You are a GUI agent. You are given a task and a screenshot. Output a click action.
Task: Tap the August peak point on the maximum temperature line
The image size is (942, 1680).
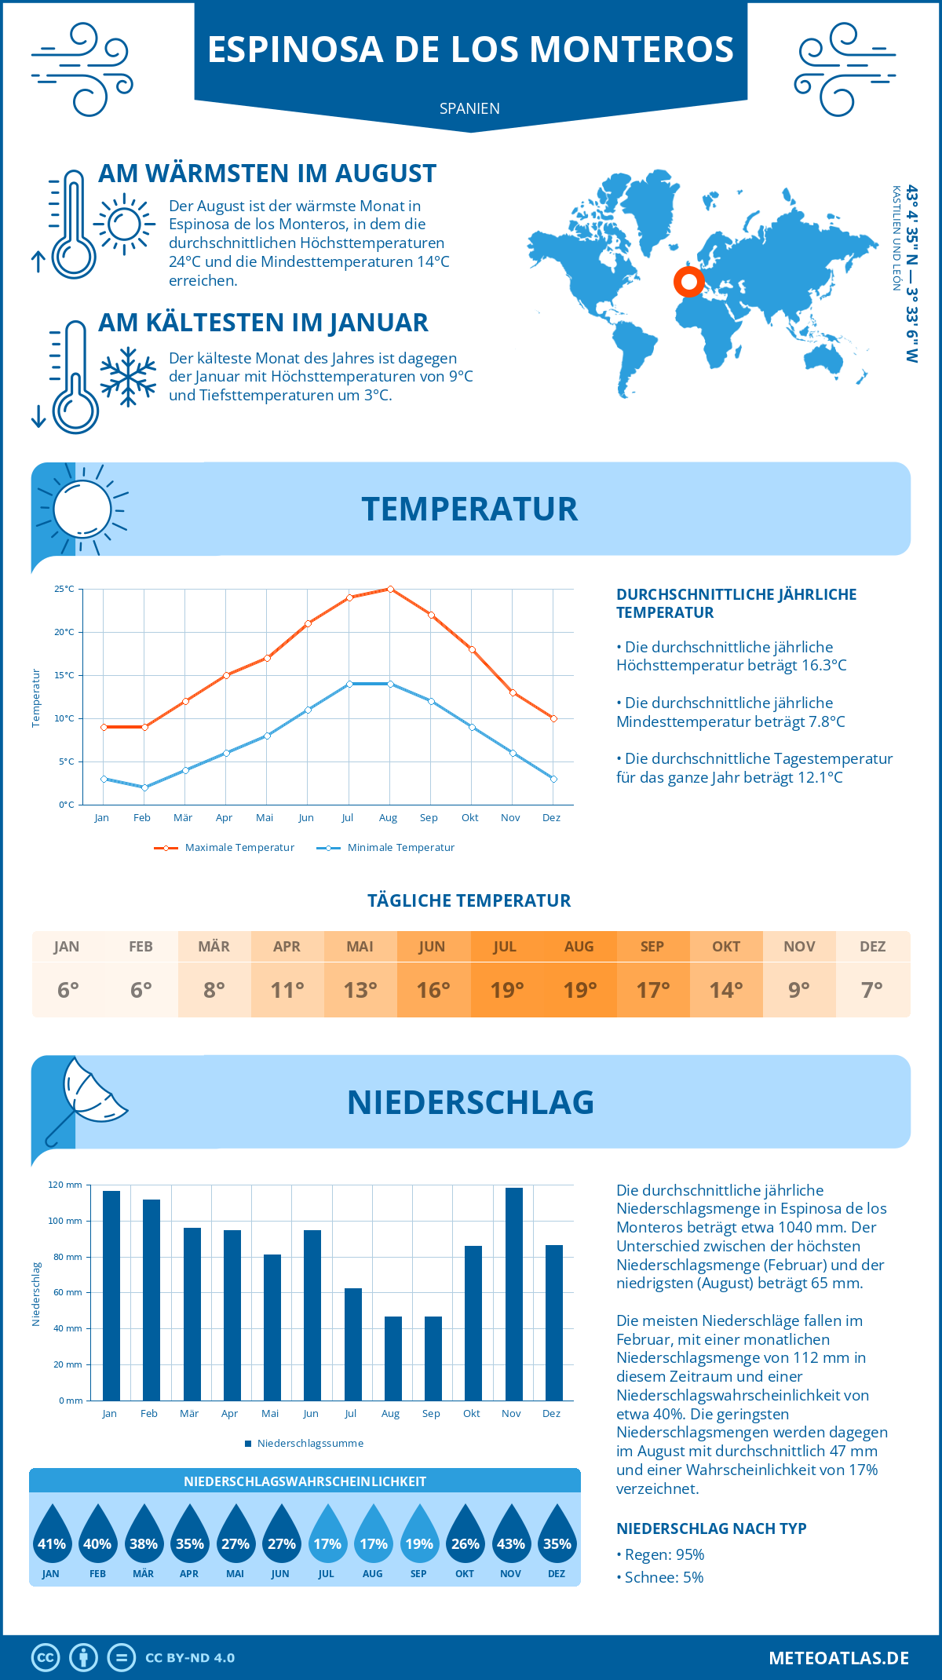[390, 589]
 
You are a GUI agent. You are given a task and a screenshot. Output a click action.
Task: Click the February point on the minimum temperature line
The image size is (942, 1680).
[144, 787]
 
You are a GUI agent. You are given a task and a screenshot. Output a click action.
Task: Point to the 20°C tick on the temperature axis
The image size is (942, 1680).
[65, 632]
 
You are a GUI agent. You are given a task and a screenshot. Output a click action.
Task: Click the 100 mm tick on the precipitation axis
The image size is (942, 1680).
[66, 1221]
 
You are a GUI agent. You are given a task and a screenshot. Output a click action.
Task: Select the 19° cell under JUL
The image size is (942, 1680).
[507, 990]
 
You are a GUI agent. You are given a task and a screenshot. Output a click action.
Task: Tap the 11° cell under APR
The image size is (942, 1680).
[287, 990]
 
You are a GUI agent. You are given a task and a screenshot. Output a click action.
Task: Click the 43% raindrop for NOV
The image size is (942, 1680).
[511, 1536]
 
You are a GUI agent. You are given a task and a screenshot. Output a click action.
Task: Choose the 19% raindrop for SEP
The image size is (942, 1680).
[419, 1536]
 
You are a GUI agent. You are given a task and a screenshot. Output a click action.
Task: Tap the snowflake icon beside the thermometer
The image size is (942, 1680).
[128, 377]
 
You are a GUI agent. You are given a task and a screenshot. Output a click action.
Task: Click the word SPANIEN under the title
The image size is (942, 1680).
[469, 108]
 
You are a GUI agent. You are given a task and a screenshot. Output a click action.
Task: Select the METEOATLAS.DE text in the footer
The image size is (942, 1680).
[838, 1658]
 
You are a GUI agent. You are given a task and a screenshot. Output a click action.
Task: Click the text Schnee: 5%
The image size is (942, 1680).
[663, 1577]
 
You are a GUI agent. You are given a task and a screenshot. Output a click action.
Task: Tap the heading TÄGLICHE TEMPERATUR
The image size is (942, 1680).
[469, 900]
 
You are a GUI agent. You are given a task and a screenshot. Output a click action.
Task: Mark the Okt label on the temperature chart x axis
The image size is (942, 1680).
[469, 817]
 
